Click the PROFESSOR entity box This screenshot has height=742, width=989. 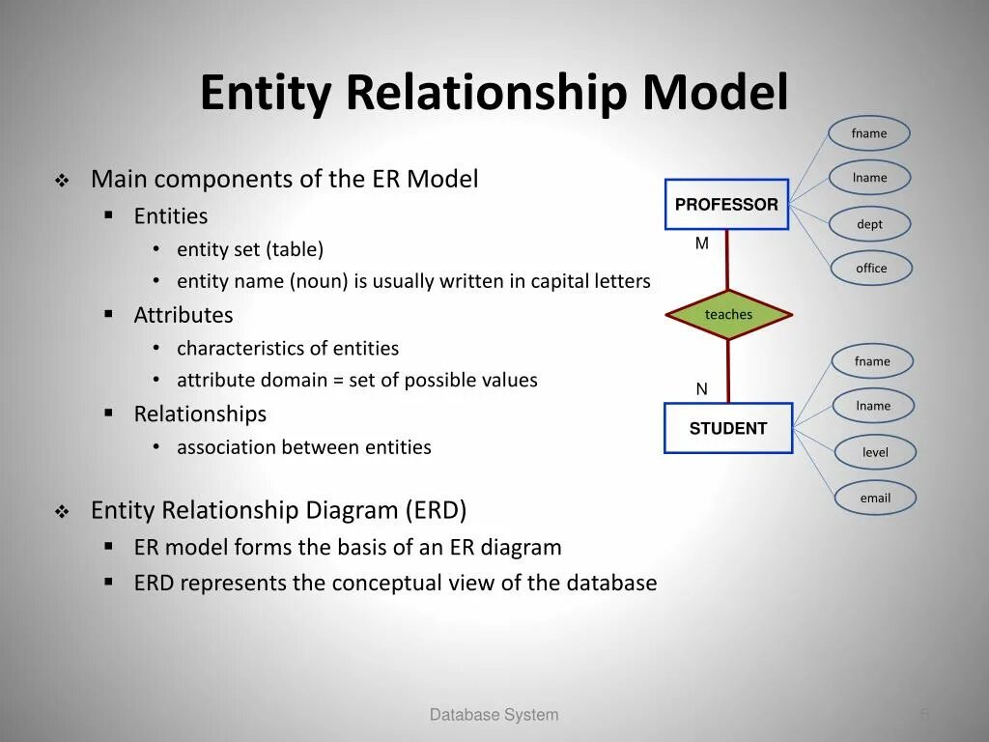726,204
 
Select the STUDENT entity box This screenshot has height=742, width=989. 728,428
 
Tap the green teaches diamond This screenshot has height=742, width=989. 728,314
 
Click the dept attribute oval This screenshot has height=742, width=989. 869,224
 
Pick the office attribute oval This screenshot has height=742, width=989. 871,269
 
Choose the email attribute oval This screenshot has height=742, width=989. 875,498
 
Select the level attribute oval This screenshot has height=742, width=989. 875,452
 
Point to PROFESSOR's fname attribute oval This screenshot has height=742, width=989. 869,133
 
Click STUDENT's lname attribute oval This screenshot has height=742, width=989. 873,406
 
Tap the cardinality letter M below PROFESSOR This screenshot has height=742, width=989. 702,243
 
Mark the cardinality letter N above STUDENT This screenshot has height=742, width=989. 702,389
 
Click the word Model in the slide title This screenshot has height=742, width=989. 715,94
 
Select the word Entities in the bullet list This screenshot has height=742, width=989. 171,216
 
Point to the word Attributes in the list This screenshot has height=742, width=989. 184,315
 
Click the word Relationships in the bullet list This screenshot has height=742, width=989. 200,414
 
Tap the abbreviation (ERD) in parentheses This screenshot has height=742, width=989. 436,510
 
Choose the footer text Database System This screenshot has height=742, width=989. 494,715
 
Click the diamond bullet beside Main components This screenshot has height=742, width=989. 62,181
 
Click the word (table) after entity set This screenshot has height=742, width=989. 296,249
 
